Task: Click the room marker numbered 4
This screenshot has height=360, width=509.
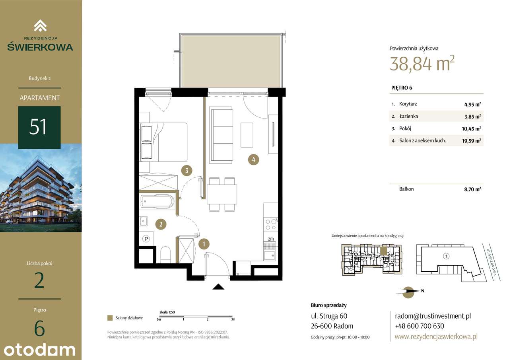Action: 254,160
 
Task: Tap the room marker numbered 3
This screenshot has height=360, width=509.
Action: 187,171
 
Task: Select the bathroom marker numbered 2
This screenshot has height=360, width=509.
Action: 161,224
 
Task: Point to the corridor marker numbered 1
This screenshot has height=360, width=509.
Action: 204,244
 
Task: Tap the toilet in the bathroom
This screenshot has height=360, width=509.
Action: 165,255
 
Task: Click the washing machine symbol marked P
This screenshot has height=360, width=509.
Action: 146,239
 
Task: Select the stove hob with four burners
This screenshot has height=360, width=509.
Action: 271,224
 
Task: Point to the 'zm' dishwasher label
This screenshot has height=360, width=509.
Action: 271,239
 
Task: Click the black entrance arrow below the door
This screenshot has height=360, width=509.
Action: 218,287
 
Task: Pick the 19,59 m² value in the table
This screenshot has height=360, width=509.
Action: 472,141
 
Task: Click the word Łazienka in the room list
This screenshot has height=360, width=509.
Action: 408,117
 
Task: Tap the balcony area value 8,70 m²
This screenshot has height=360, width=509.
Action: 473,189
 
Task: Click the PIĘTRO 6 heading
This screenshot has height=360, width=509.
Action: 402,88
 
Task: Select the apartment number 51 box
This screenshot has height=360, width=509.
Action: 39,128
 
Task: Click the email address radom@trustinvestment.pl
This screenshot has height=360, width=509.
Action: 433,316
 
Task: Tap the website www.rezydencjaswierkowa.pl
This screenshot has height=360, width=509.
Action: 436,337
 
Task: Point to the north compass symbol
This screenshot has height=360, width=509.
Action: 408,292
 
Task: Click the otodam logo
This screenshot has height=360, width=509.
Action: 39,350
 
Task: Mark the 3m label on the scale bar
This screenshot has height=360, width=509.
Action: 233,319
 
